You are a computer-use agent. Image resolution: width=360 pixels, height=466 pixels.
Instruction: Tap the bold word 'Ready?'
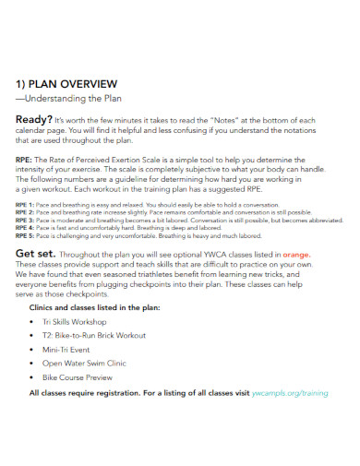pyautogui.click(x=33, y=119)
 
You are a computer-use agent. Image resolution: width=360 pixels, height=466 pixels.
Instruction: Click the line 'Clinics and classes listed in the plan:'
pyautogui.click(x=96, y=305)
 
